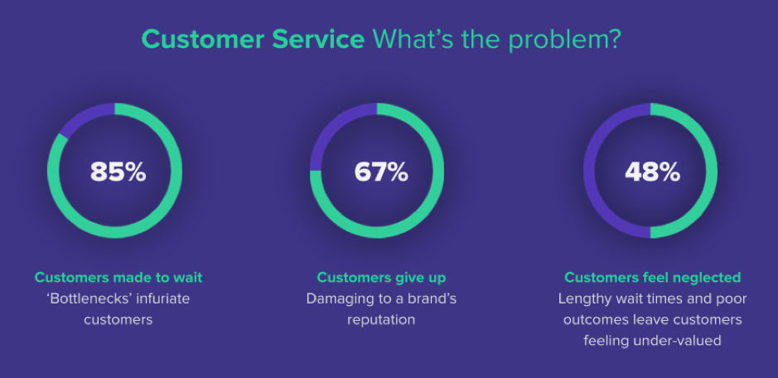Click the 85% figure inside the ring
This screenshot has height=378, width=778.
(x=118, y=172)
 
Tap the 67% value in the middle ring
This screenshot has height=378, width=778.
(x=381, y=172)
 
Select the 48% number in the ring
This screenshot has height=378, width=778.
(x=652, y=172)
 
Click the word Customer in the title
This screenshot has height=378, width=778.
(x=203, y=39)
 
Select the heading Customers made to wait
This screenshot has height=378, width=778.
(x=118, y=277)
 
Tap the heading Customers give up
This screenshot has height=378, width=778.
(x=381, y=277)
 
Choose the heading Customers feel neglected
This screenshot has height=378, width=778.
(x=652, y=277)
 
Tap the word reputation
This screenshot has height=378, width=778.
(x=381, y=320)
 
